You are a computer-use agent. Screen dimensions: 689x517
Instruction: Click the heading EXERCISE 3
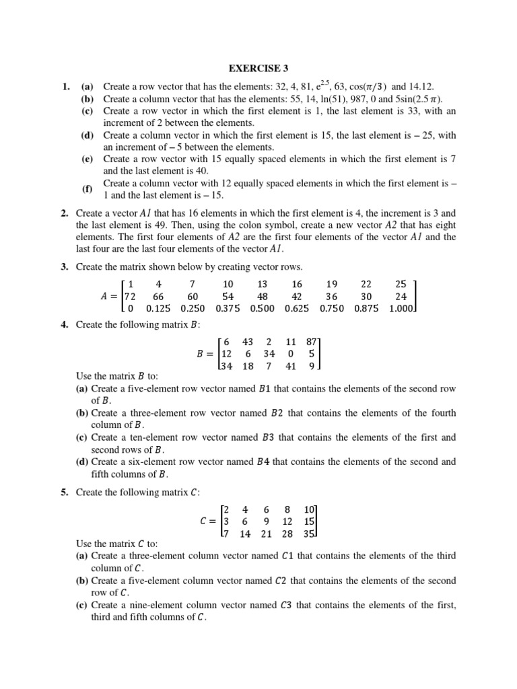[x=258, y=68]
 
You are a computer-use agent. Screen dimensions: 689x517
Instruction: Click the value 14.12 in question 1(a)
[x=421, y=87]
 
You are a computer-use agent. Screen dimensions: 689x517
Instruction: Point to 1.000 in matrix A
[x=403, y=309]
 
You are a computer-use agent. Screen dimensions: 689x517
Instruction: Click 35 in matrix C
[x=310, y=534]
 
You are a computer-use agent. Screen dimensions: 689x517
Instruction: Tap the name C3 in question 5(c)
[x=287, y=605]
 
